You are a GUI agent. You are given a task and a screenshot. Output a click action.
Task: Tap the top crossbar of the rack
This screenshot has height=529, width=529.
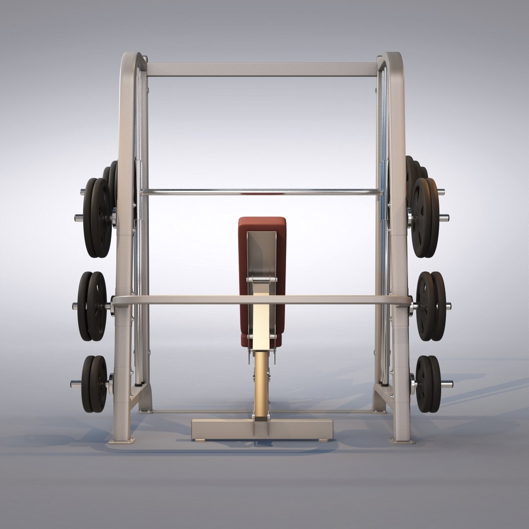[x=262, y=69]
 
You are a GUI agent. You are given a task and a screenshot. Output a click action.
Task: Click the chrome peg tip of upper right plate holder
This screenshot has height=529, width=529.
[x=444, y=217]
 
